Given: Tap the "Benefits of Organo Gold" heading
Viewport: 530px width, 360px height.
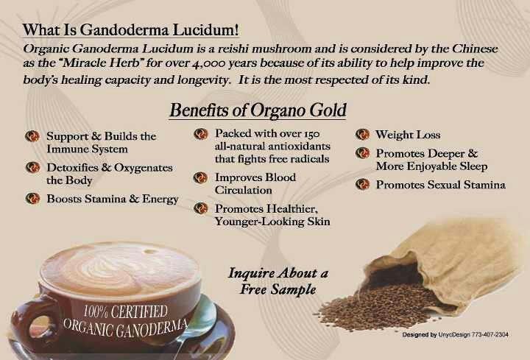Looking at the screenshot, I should (x=258, y=111).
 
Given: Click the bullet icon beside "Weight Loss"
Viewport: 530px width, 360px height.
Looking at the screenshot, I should (x=362, y=135).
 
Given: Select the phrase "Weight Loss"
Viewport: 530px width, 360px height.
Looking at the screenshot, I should (x=408, y=135).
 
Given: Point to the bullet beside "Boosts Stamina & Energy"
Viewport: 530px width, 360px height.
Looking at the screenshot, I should (x=32, y=199).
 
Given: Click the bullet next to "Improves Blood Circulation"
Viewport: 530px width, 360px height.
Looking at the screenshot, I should (x=200, y=177).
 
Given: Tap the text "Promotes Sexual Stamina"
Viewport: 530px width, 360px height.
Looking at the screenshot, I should (x=440, y=185).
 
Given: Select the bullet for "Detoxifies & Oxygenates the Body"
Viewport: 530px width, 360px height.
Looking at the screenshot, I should (x=32, y=168).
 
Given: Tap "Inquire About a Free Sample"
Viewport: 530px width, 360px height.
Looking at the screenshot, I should (x=278, y=280).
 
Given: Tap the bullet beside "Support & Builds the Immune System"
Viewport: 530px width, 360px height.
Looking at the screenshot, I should (x=32, y=137).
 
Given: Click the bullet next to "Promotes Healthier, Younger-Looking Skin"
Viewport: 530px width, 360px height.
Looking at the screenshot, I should (x=200, y=209).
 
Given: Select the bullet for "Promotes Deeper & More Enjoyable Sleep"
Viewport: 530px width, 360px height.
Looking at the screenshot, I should (x=362, y=153).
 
